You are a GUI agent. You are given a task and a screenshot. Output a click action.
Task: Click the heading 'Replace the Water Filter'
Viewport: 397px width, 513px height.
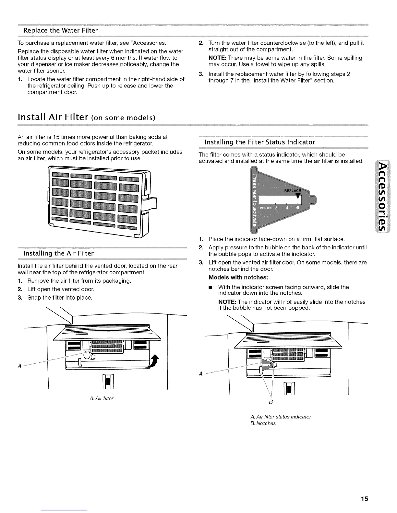pos(60,30)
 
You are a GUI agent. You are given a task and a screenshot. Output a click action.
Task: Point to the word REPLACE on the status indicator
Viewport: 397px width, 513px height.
pos(292,190)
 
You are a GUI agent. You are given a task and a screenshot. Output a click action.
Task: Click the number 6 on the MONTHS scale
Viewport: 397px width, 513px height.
pos(299,208)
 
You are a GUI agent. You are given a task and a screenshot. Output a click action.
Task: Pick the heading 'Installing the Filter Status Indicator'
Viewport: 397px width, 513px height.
pos(260,142)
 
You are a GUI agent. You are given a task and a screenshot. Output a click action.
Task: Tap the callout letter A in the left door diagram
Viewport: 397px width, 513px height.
pos(20,366)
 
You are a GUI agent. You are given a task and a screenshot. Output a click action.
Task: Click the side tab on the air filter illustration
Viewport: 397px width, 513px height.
pos(152,204)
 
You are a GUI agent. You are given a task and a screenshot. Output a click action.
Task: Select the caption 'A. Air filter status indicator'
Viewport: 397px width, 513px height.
pos(281,416)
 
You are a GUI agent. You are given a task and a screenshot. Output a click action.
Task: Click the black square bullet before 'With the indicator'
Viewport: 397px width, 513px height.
pos(210,287)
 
